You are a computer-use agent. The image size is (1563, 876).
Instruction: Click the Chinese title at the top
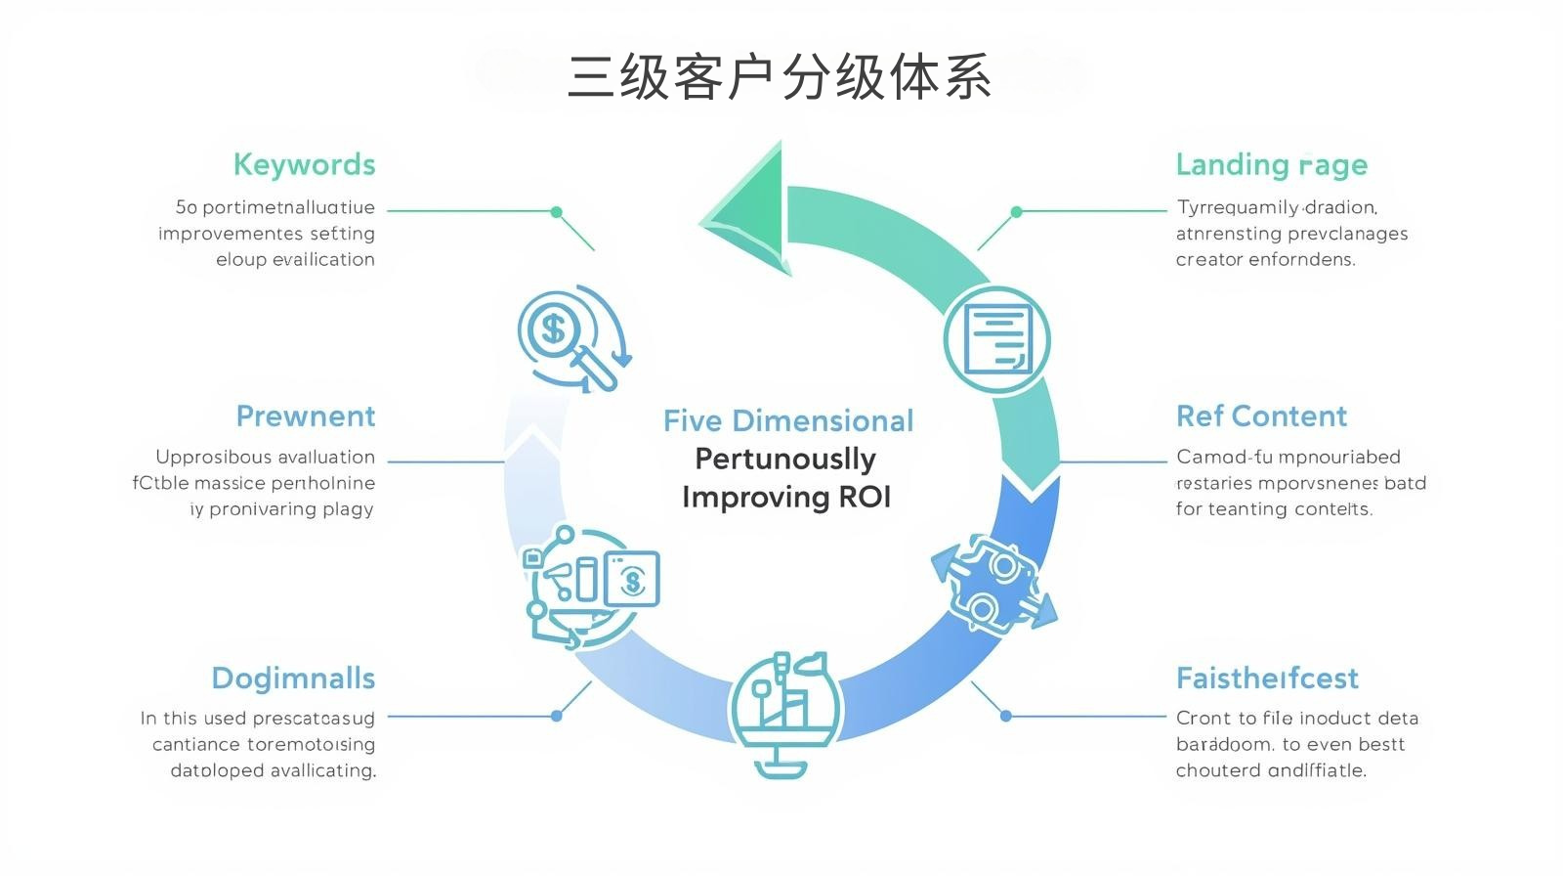point(780,77)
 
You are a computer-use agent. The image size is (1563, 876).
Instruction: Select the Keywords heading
point(304,164)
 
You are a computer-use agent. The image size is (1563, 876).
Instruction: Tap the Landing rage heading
point(1271,164)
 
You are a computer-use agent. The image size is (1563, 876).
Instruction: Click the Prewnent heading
point(306,416)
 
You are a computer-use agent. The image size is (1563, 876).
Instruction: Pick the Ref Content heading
point(1261,416)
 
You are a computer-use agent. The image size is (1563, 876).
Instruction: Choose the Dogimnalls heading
point(293,679)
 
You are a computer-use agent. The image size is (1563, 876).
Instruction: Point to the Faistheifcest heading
point(1267,679)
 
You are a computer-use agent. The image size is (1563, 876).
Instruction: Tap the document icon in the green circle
point(996,340)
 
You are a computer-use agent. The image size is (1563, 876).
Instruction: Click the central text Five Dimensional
point(787,421)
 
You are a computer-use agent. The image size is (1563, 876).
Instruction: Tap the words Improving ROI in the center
point(786,497)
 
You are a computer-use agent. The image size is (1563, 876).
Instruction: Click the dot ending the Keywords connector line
point(556,211)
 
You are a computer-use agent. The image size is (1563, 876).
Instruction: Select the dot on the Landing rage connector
point(1016,211)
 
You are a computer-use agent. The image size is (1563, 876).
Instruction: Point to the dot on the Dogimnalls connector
point(556,716)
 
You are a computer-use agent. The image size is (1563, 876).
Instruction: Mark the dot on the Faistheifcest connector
point(1005,716)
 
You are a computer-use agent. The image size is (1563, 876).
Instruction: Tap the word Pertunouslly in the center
point(784,459)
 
